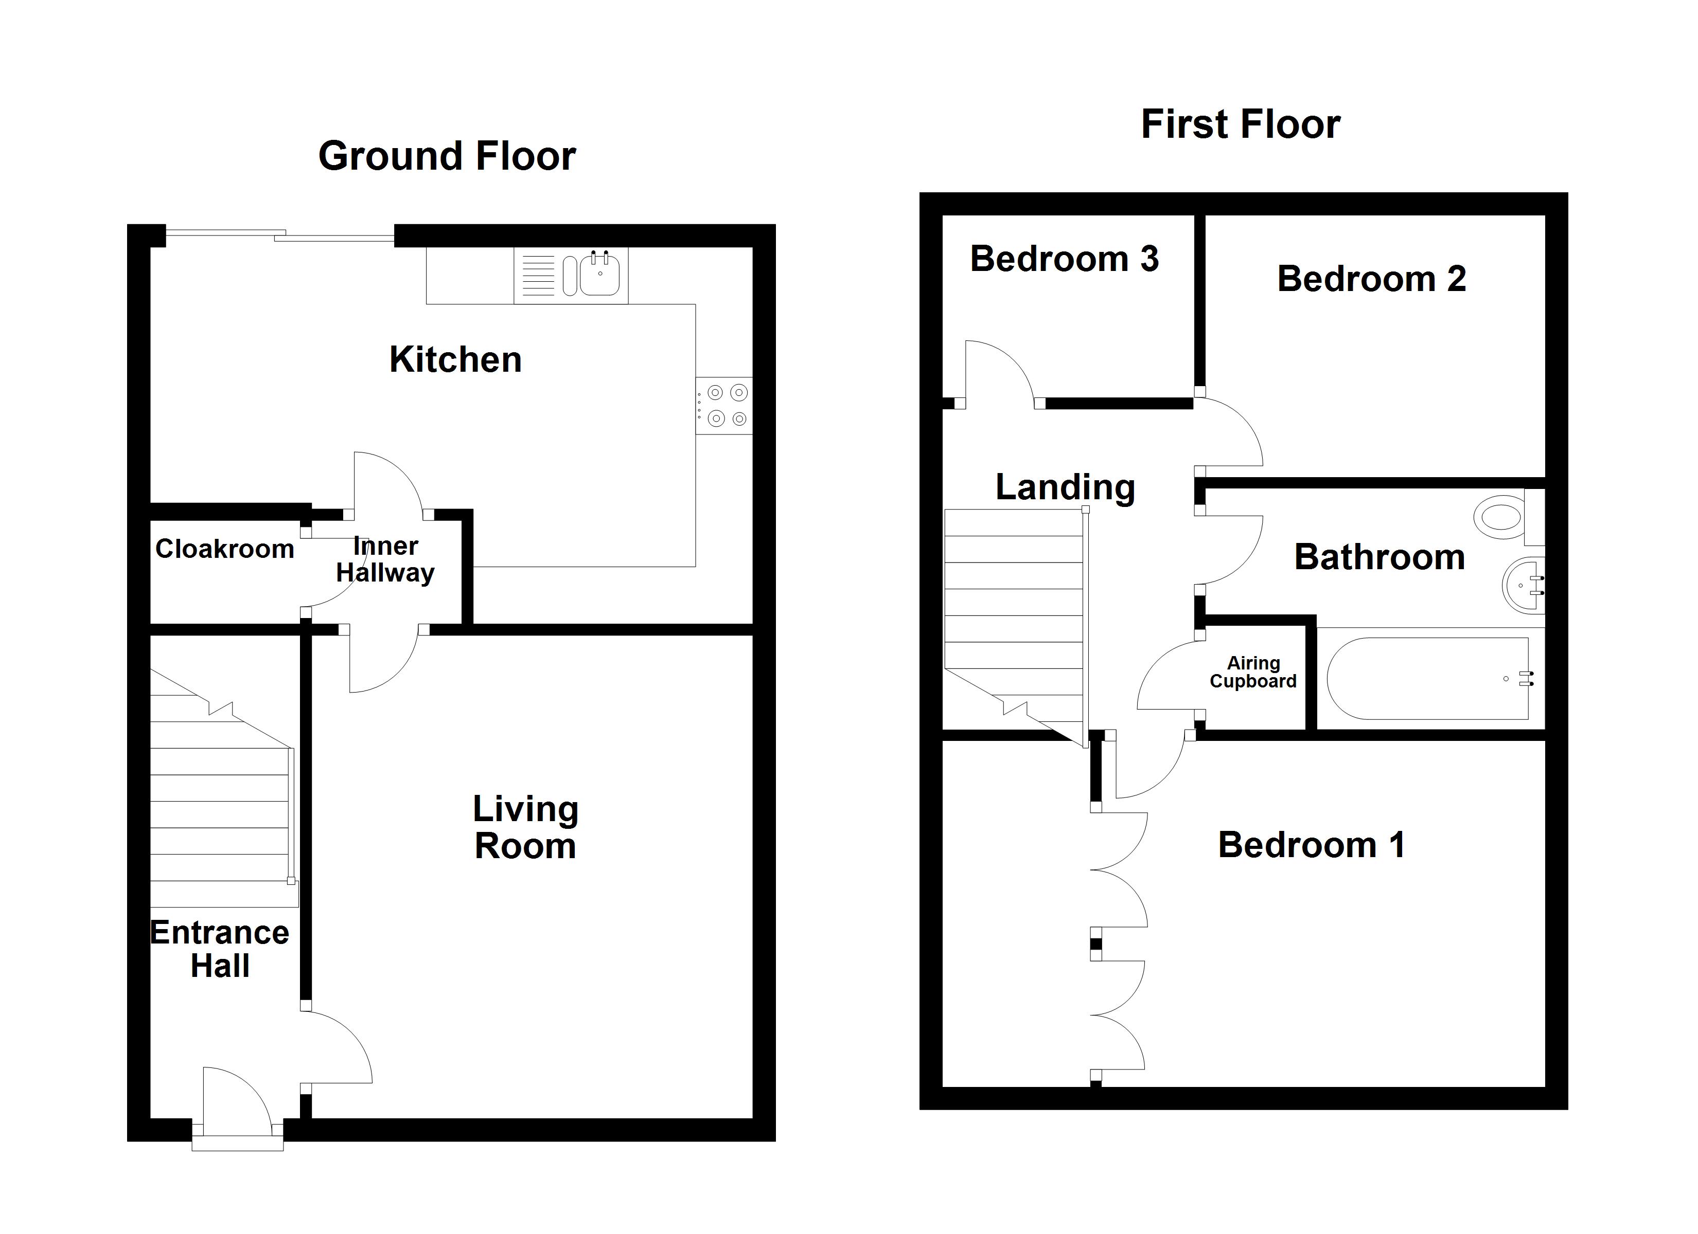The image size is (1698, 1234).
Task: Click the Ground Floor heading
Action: [x=447, y=156]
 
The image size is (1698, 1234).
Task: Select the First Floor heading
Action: [x=1240, y=124]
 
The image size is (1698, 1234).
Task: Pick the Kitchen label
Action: [x=455, y=359]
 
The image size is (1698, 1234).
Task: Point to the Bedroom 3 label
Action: [x=1064, y=259]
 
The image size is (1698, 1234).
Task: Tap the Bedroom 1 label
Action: [x=1311, y=845]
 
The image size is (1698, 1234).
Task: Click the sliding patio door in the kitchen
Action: [x=279, y=235]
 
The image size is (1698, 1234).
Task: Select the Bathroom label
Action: [x=1379, y=557]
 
